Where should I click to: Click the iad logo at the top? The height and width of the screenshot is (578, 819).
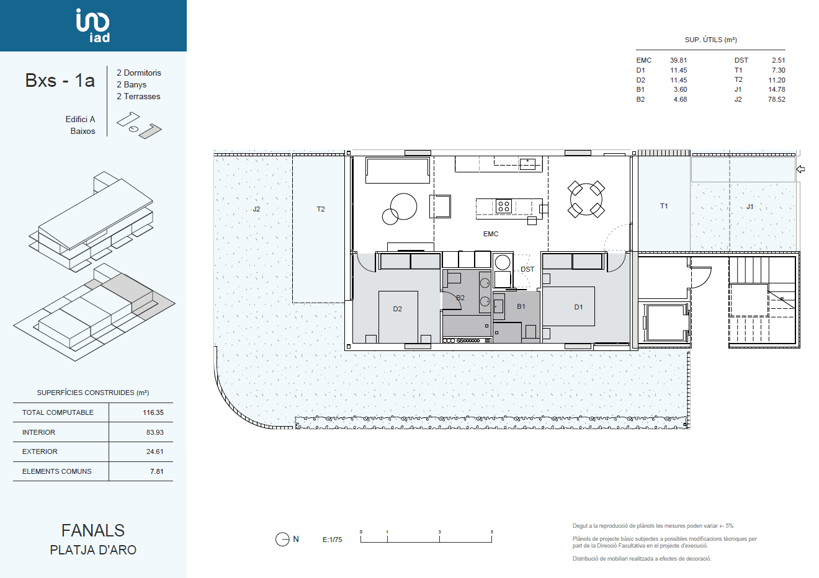point(93,25)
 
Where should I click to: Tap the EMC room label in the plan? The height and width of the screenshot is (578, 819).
point(490,234)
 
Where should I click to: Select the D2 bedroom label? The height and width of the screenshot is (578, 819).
point(397,309)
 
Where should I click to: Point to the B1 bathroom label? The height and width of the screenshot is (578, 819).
point(521,306)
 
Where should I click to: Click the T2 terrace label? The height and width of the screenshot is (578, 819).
point(320,209)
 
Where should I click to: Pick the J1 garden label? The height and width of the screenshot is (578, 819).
point(750,207)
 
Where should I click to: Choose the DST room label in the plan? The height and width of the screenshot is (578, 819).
point(527,269)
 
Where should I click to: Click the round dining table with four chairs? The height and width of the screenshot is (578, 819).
point(586,199)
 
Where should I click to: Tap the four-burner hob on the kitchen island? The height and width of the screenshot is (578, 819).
point(503,207)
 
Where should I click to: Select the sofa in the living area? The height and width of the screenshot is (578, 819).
point(398,171)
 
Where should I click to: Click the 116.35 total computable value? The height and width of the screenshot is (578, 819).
point(153,412)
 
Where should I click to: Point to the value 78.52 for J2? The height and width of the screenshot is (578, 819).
point(776,99)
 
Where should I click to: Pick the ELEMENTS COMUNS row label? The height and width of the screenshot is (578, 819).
point(56,471)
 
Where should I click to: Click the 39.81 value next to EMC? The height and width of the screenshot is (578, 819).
point(678,60)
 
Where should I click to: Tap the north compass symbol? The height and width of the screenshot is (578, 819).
point(282,540)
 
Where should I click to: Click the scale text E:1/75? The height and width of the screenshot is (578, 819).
point(332,540)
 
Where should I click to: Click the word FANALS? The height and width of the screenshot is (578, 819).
point(93,530)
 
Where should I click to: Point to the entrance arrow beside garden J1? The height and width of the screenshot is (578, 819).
point(800,169)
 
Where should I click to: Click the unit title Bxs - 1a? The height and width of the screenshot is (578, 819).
point(60,81)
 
